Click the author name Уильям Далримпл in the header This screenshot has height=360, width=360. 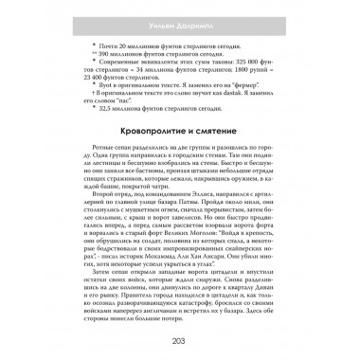[179, 10]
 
